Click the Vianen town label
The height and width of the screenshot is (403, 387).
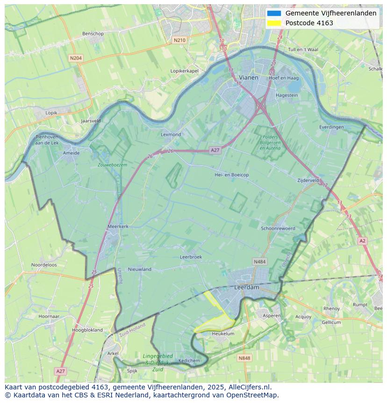[x=248, y=77]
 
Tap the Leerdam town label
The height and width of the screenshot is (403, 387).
[x=246, y=287]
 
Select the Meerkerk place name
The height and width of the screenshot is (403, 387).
[x=118, y=226]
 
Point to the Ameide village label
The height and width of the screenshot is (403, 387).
[x=71, y=153]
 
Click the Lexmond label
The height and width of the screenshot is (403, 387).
[x=171, y=134]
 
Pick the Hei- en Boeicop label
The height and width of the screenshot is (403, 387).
[x=231, y=175]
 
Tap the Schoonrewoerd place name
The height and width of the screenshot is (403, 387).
[x=278, y=228]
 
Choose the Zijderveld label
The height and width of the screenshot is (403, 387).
[x=308, y=180]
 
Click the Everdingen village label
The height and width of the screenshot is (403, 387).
[x=331, y=127]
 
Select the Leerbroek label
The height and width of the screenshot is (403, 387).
[x=191, y=257]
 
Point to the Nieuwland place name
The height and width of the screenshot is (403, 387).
[x=140, y=269]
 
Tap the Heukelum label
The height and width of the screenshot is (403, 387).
[x=223, y=334]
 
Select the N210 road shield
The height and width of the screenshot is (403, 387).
[x=179, y=40]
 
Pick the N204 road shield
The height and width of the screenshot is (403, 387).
[x=75, y=58]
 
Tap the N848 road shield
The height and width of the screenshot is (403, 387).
[x=244, y=358]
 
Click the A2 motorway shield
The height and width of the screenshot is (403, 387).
[x=362, y=241]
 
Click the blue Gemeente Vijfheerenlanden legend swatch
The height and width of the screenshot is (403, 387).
[x=274, y=13]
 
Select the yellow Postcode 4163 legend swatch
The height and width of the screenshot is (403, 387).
[x=274, y=23]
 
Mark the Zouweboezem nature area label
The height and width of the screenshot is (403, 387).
[x=112, y=165]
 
